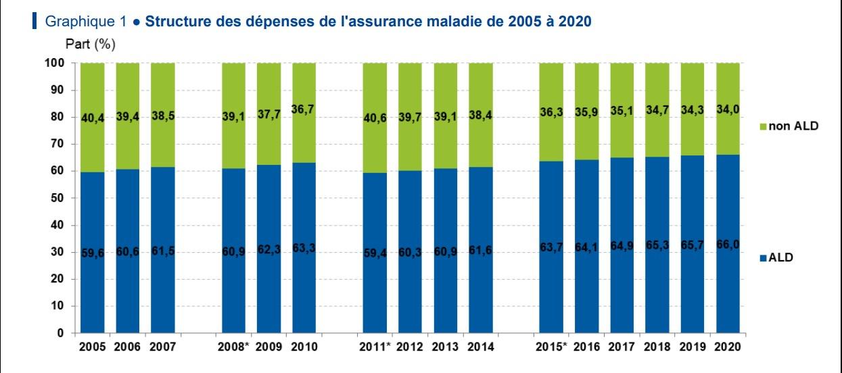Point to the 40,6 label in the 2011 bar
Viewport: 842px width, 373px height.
coord(375,118)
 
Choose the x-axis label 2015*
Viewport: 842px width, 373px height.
coord(551,347)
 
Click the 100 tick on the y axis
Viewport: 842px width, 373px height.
coord(55,63)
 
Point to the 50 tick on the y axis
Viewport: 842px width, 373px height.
coord(57,198)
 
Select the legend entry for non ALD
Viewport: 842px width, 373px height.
coord(792,126)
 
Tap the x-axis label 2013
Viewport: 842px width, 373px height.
coord(446,347)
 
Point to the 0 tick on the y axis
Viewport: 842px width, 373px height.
coord(60,333)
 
